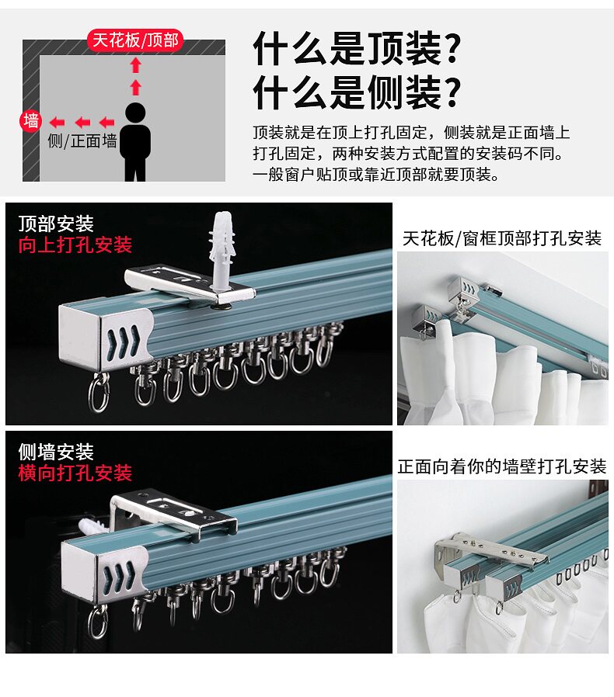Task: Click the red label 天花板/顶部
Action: click(136, 40)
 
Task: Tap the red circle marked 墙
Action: click(31, 121)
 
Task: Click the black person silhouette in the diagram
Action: click(135, 141)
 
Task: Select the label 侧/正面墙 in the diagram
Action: click(82, 141)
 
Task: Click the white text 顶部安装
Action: click(56, 224)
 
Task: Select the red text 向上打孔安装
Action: click(75, 245)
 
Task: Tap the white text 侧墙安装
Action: click(56, 452)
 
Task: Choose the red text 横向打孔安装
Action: click(75, 473)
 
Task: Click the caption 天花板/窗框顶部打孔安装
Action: click(502, 238)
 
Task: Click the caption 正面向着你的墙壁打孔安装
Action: click(502, 466)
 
